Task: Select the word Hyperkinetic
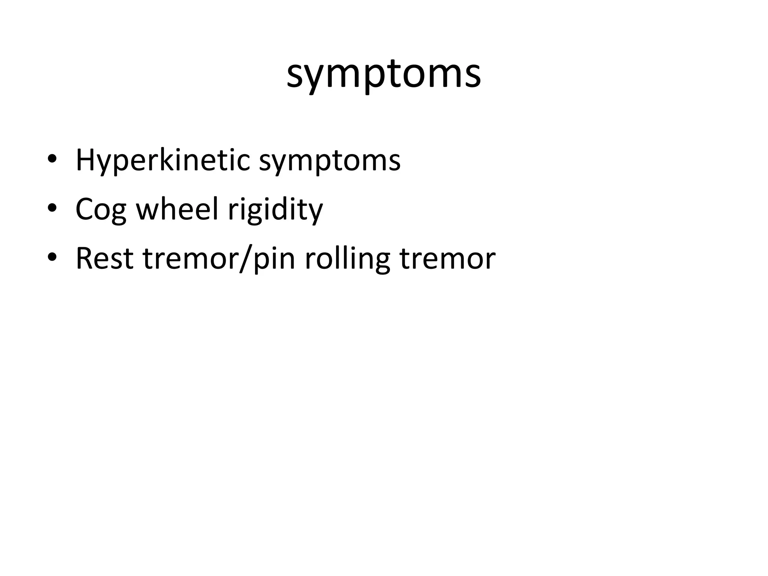tap(162, 160)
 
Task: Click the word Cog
tap(100, 210)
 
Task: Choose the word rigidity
tap(275, 210)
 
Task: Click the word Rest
tap(105, 258)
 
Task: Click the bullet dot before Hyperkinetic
tap(52, 160)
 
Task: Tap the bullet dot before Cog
tap(52, 209)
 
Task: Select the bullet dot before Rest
tap(52, 258)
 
